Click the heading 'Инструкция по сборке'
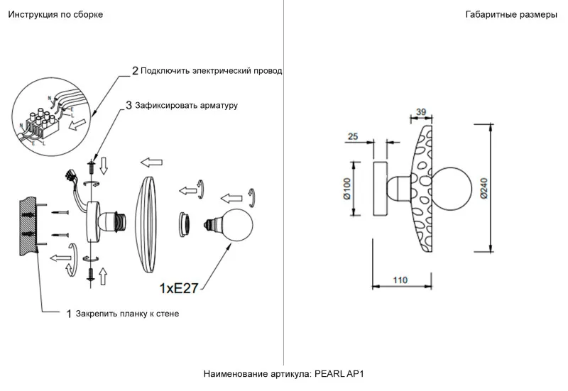(50, 15)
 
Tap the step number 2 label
(135, 71)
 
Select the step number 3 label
(129, 105)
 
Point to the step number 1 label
(69, 313)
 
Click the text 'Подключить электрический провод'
(211, 71)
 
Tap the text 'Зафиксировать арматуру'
(186, 105)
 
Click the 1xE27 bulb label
(179, 288)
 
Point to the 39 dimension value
(420, 112)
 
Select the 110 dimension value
(400, 281)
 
